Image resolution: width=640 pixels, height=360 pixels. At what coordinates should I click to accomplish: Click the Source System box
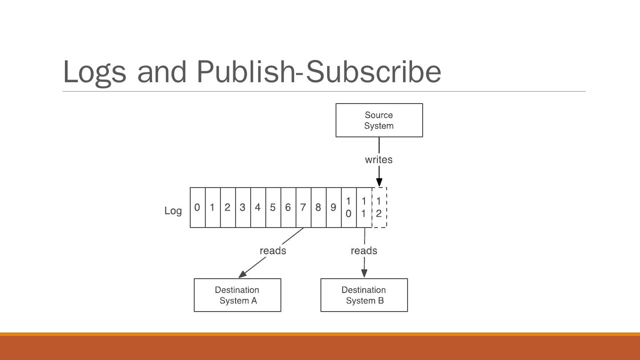pos(379,120)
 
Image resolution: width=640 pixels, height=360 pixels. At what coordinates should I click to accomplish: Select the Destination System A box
pos(237,295)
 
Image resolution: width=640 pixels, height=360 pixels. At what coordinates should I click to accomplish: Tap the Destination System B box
pos(364,295)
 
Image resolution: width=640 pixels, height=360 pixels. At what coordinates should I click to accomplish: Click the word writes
pos(379,160)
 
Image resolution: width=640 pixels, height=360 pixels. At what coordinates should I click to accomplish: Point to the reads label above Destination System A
pos(273,251)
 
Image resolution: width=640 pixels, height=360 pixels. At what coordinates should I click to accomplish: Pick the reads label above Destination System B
pos(364,251)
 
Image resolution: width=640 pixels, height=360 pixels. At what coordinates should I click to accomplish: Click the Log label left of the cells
pos(173,211)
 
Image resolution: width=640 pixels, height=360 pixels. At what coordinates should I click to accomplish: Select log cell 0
pos(197,208)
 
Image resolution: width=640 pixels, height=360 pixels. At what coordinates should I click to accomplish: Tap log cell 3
pos(243,208)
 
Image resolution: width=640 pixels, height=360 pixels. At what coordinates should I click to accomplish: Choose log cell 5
pos(273,208)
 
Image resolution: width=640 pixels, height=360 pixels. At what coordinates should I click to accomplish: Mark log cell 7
pos(303,208)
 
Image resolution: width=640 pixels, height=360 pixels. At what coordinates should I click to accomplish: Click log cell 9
pos(333,208)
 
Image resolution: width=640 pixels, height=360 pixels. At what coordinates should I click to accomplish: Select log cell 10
pos(348,208)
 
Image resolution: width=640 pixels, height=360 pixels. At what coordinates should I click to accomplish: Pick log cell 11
pos(364,208)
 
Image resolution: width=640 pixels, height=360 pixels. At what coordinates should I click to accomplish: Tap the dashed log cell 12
pos(379,208)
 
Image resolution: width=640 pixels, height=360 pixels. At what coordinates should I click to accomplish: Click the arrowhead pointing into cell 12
pos(379,182)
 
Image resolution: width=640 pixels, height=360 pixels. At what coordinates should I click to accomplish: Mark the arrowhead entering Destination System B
pos(364,273)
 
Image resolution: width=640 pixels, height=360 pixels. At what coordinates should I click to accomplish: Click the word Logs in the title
pos(95,72)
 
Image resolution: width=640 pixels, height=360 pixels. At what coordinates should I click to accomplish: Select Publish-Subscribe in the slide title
pos(319,72)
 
